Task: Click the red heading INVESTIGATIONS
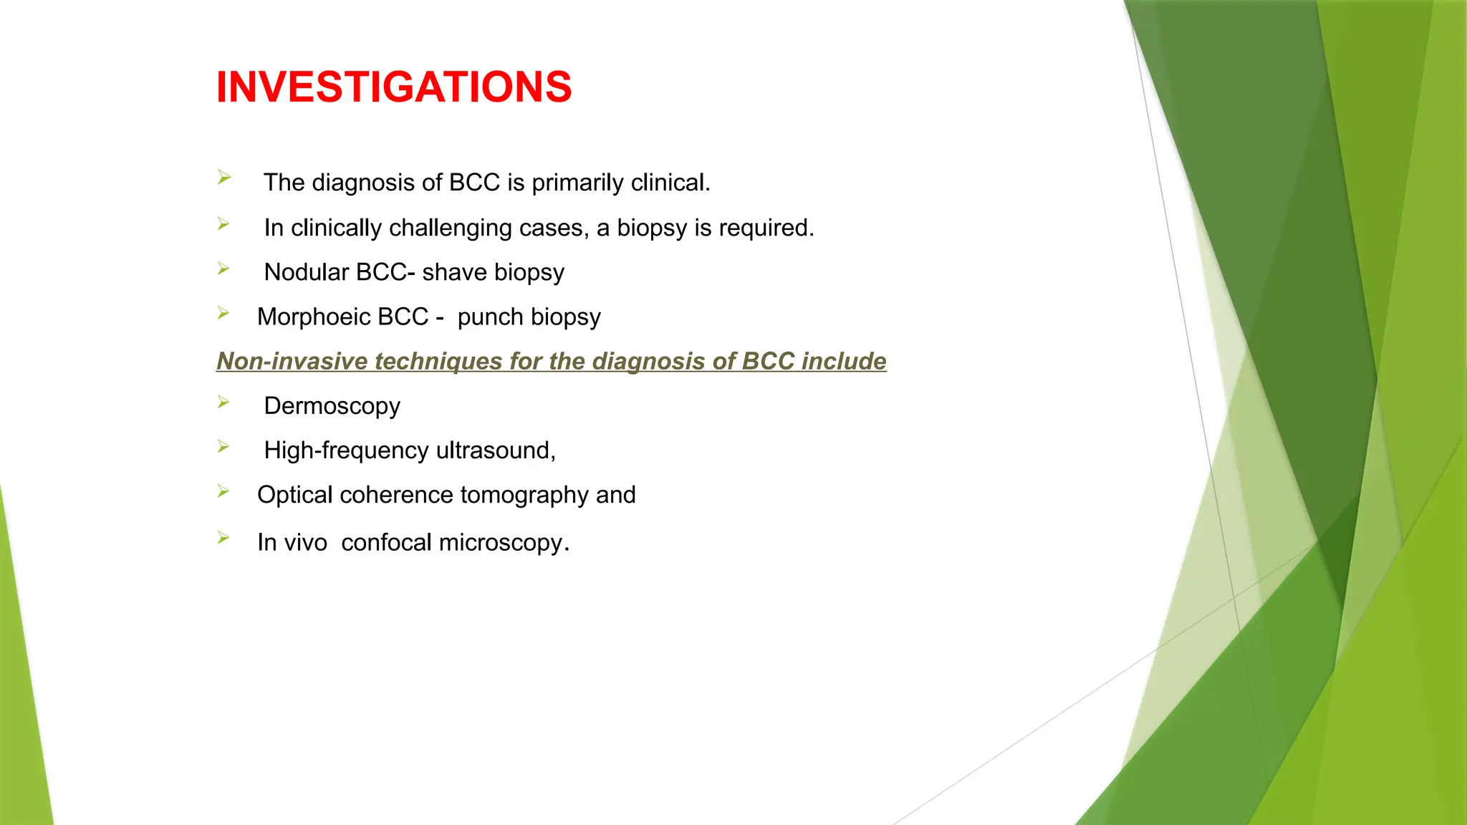(394, 87)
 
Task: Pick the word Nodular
(306, 273)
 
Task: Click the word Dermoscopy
(332, 406)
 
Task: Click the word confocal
(387, 543)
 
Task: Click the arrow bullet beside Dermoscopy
(223, 402)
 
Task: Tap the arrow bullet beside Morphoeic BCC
(223, 313)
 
